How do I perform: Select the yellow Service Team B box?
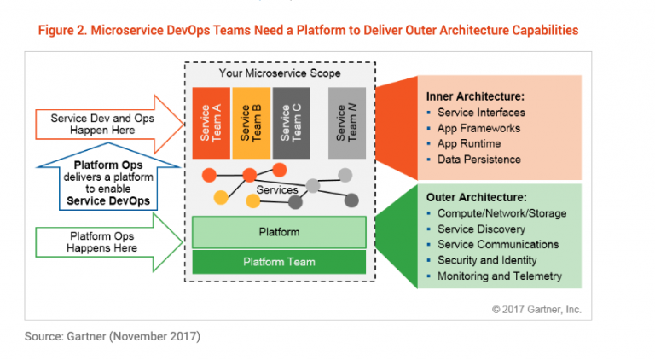251,122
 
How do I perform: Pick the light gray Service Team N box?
347,122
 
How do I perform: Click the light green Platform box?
279,232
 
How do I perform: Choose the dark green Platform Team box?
279,262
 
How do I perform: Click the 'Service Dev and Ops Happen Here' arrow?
103,125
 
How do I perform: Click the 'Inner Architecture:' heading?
475,96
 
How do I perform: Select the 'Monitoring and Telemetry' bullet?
500,276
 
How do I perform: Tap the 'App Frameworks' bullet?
478,128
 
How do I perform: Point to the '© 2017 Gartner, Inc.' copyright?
536,310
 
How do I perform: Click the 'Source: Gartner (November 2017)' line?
113,336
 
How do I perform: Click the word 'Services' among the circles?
277,189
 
